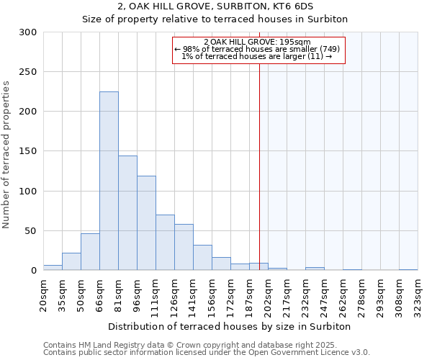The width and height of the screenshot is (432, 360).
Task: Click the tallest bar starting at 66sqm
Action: pyautogui.click(x=109, y=181)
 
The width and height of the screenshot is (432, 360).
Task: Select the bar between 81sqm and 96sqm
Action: pyautogui.click(x=127, y=213)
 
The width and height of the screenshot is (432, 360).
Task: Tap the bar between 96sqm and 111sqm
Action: pyautogui.click(x=146, y=223)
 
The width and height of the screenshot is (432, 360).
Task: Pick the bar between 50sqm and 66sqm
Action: pyautogui.click(x=90, y=252)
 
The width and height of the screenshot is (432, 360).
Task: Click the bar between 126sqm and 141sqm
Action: pyautogui.click(x=184, y=247)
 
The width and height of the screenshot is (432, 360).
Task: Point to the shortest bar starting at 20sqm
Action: pyautogui.click(x=53, y=268)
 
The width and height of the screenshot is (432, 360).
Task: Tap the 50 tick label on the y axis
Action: pyautogui.click(x=31, y=231)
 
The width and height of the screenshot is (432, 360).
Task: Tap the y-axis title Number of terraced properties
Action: pyautogui.click(x=6, y=155)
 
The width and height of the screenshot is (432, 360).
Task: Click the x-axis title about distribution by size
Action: pyautogui.click(x=230, y=326)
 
